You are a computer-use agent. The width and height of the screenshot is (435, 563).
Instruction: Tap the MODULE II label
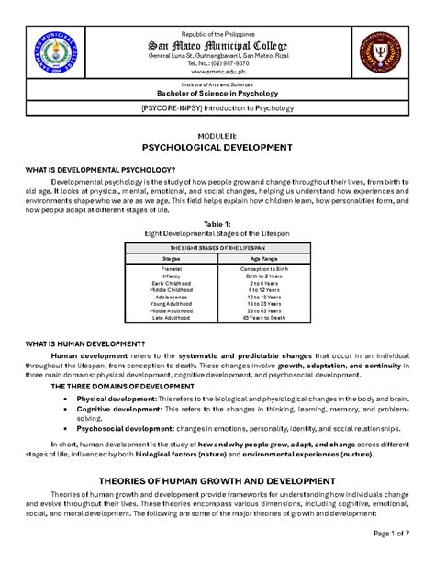[x=217, y=135]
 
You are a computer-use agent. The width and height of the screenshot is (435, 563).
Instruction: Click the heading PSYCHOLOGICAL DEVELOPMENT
[x=217, y=147]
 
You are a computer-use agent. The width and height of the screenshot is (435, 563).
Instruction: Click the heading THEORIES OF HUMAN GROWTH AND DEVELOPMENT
[x=217, y=481]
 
